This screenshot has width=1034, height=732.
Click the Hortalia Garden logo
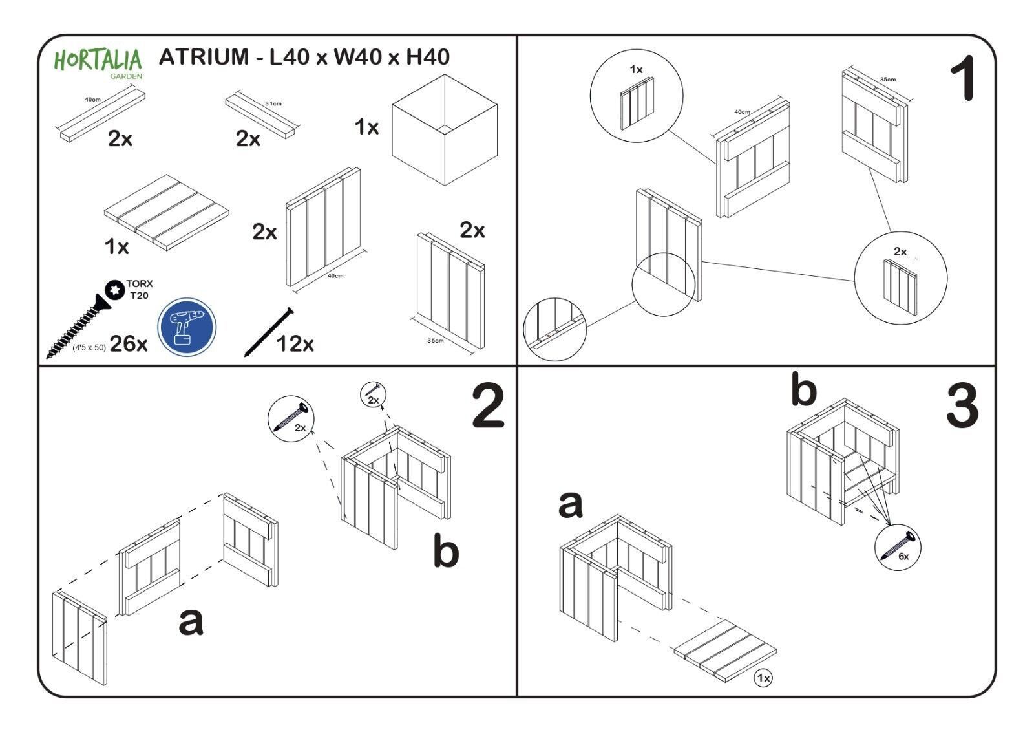[98, 63]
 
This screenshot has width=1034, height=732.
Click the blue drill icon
[187, 327]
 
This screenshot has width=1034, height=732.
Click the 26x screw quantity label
[128, 344]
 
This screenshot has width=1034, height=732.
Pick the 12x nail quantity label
[295, 344]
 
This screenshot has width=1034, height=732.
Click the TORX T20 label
[139, 289]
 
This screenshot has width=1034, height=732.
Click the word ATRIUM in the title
[204, 57]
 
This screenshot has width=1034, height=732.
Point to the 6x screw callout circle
[898, 547]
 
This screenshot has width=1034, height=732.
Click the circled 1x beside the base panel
[763, 678]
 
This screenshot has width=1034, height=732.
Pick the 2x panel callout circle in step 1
[900, 279]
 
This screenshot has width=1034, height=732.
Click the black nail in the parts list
[268, 332]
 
